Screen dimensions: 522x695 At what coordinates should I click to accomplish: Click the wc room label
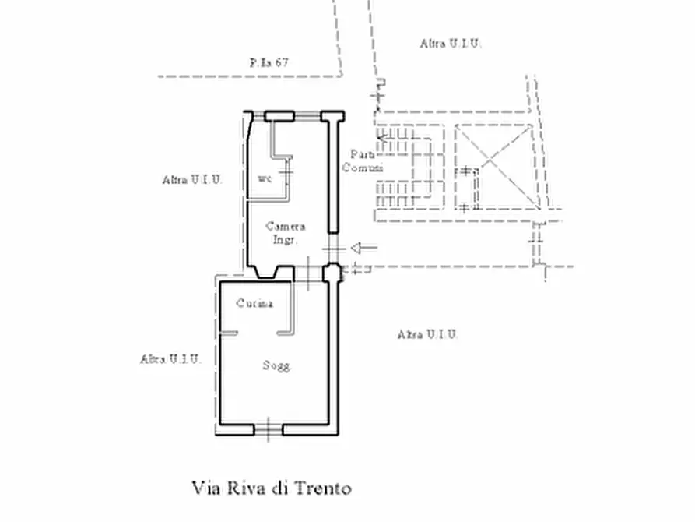tap(265, 179)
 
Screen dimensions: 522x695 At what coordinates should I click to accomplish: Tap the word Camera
tap(285, 227)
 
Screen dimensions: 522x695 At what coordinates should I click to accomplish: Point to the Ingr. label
tap(284, 240)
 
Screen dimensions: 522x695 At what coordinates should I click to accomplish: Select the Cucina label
tap(254, 304)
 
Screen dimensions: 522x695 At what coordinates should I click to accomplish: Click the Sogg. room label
tap(276, 365)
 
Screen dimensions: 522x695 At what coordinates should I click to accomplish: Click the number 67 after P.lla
tap(281, 63)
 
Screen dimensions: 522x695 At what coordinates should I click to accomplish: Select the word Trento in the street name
tap(321, 488)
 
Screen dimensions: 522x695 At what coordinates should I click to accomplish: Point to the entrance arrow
tap(363, 249)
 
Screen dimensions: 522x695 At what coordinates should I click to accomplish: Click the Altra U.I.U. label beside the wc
tap(192, 179)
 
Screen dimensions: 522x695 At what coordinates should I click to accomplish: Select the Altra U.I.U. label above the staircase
tap(451, 44)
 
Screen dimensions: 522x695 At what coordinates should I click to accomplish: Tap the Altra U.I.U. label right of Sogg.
tap(427, 334)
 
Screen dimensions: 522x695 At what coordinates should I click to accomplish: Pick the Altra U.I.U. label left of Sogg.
tap(170, 359)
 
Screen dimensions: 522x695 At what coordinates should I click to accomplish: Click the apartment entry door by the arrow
tap(332, 249)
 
